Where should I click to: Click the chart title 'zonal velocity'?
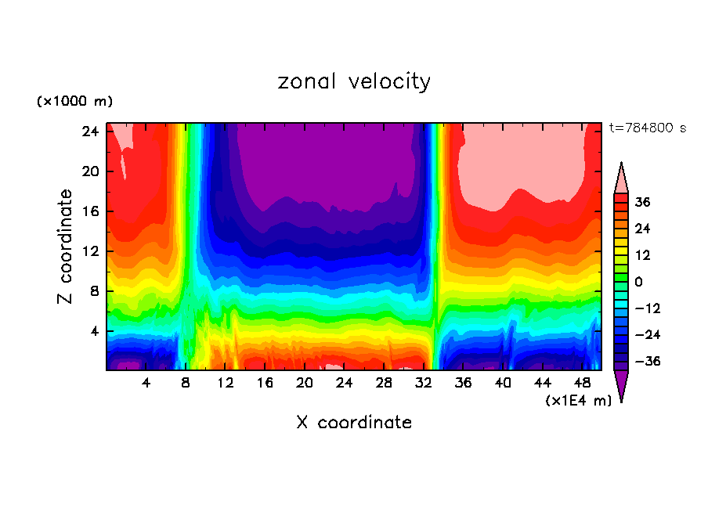point(354,81)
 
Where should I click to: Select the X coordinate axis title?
point(354,423)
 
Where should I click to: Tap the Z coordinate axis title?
point(66,247)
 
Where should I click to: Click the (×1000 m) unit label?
point(74,102)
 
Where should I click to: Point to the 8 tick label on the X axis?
point(186,383)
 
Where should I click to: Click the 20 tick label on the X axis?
point(305,383)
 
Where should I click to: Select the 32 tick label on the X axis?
point(424,383)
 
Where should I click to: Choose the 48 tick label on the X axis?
point(583,383)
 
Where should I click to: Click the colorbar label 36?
point(643,202)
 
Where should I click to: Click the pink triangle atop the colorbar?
point(621,178)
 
